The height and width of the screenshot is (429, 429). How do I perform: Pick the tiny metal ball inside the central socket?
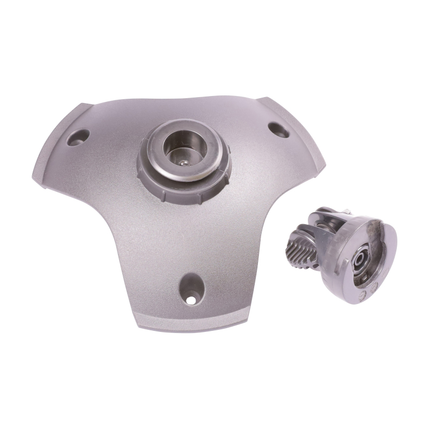pos(184,161)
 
